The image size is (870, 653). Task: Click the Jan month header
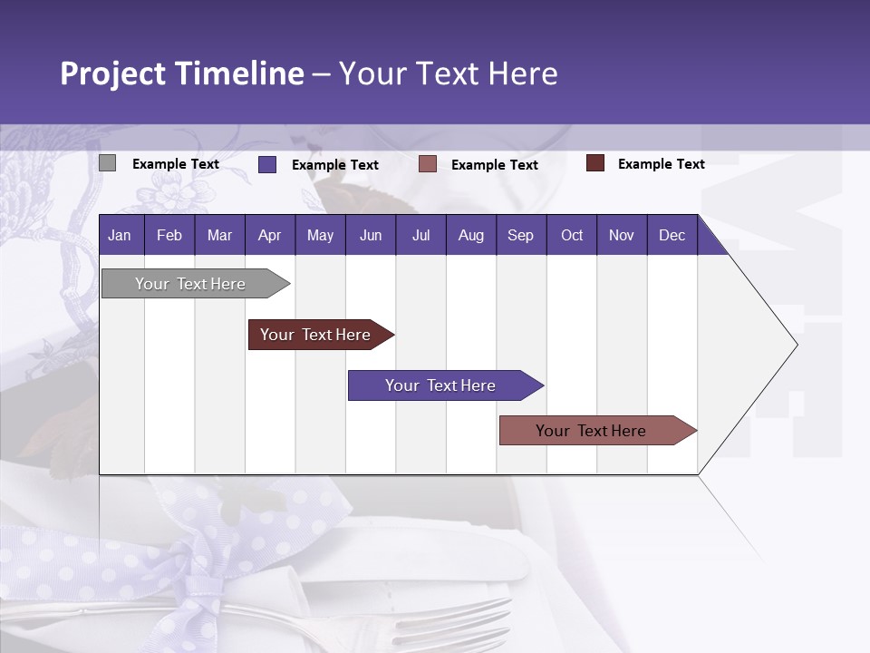pyautogui.click(x=120, y=236)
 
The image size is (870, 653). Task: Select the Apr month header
pyautogui.click(x=269, y=236)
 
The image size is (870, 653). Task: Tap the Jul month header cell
pyautogui.click(x=420, y=236)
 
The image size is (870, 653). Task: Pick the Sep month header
pyautogui.click(x=520, y=236)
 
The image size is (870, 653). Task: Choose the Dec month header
pyautogui.click(x=672, y=236)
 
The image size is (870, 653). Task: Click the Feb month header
pyautogui.click(x=169, y=236)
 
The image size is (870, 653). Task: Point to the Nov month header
pyautogui.click(x=621, y=236)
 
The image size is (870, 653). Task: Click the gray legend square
pyautogui.click(x=107, y=163)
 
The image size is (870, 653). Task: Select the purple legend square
pyautogui.click(x=267, y=164)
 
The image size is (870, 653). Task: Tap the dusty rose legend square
pyautogui.click(x=428, y=164)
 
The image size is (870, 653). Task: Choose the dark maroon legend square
pyautogui.click(x=595, y=163)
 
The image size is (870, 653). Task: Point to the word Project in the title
pyautogui.click(x=112, y=73)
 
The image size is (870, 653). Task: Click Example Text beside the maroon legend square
pyautogui.click(x=661, y=164)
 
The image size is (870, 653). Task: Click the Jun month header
pyautogui.click(x=370, y=236)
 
